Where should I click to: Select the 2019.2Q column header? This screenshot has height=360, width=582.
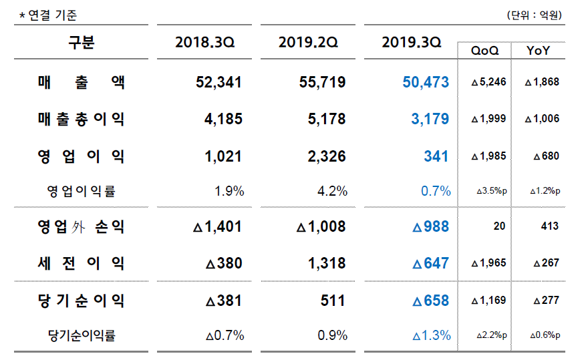(309, 43)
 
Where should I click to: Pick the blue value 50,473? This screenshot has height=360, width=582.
(426, 83)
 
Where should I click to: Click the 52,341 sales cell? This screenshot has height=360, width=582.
(219, 83)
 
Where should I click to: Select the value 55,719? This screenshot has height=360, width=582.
(323, 83)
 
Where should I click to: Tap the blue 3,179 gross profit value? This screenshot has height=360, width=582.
(431, 120)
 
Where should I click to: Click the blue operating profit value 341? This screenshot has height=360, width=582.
(436, 157)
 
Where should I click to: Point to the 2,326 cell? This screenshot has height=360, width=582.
(326, 157)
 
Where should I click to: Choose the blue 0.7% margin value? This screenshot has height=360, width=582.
(436, 192)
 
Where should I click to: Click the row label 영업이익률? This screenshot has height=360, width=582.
(81, 192)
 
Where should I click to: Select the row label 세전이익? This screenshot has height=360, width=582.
(81, 264)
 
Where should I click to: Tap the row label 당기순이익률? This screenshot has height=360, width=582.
(82, 335)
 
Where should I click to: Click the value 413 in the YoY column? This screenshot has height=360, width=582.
(550, 227)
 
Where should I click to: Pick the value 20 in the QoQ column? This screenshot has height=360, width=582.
(499, 227)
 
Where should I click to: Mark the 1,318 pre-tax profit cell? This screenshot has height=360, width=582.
(326, 264)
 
